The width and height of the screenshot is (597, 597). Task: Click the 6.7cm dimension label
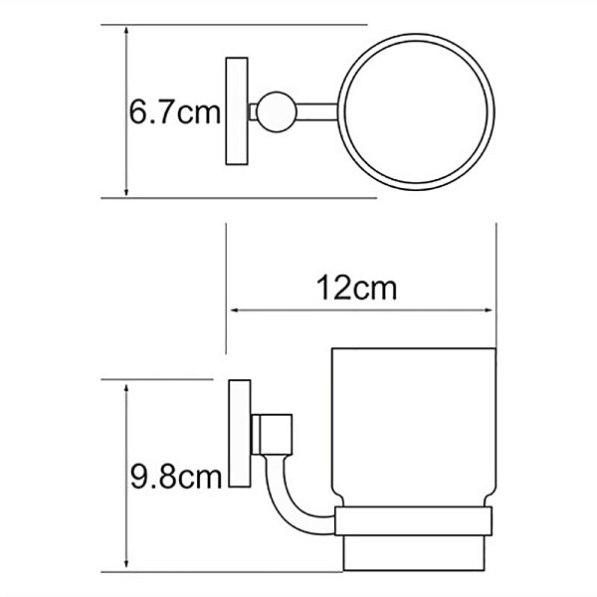point(175,111)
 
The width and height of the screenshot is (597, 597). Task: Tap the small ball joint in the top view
point(272,110)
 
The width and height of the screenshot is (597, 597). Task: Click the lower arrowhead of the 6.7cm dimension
point(126,191)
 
